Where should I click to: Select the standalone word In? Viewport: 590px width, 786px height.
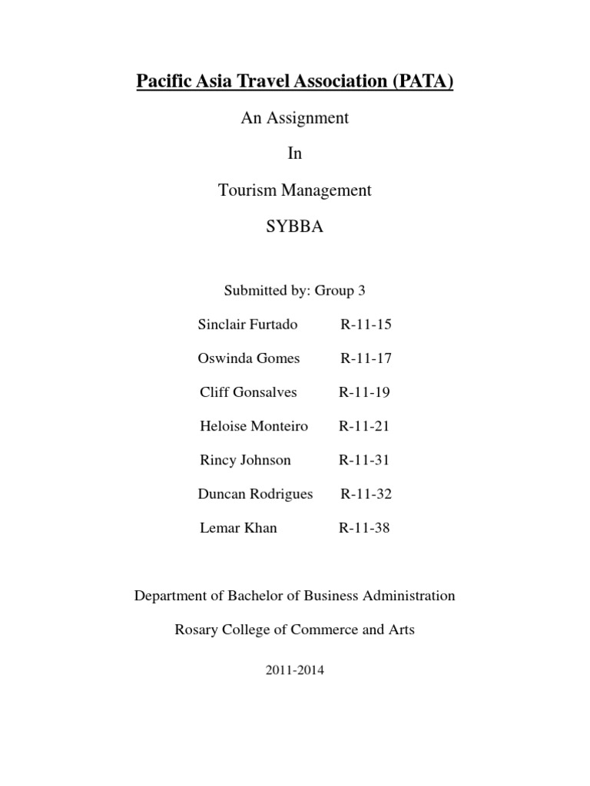[x=295, y=154]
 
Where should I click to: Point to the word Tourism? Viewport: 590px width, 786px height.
[x=245, y=190]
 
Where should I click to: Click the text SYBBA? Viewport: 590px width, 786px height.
[x=295, y=226]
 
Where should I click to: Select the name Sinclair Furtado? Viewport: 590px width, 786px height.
[x=247, y=325]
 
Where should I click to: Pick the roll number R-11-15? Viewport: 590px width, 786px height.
[x=366, y=325]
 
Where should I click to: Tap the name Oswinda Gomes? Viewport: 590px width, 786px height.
[x=249, y=358]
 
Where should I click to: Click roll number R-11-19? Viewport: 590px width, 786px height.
[x=364, y=393]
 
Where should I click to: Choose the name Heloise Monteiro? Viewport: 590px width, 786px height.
[x=254, y=426]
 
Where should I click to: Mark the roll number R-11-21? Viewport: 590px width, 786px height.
[x=364, y=426]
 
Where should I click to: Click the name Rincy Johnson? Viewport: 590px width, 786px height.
[x=245, y=461]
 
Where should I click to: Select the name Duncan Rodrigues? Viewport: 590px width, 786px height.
[x=255, y=494]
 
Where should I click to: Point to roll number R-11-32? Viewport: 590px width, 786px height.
[x=366, y=494]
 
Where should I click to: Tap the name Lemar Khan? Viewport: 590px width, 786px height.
[x=237, y=528]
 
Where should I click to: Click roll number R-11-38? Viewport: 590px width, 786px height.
[x=364, y=528]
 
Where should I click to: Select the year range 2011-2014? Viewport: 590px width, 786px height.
[x=295, y=670]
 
